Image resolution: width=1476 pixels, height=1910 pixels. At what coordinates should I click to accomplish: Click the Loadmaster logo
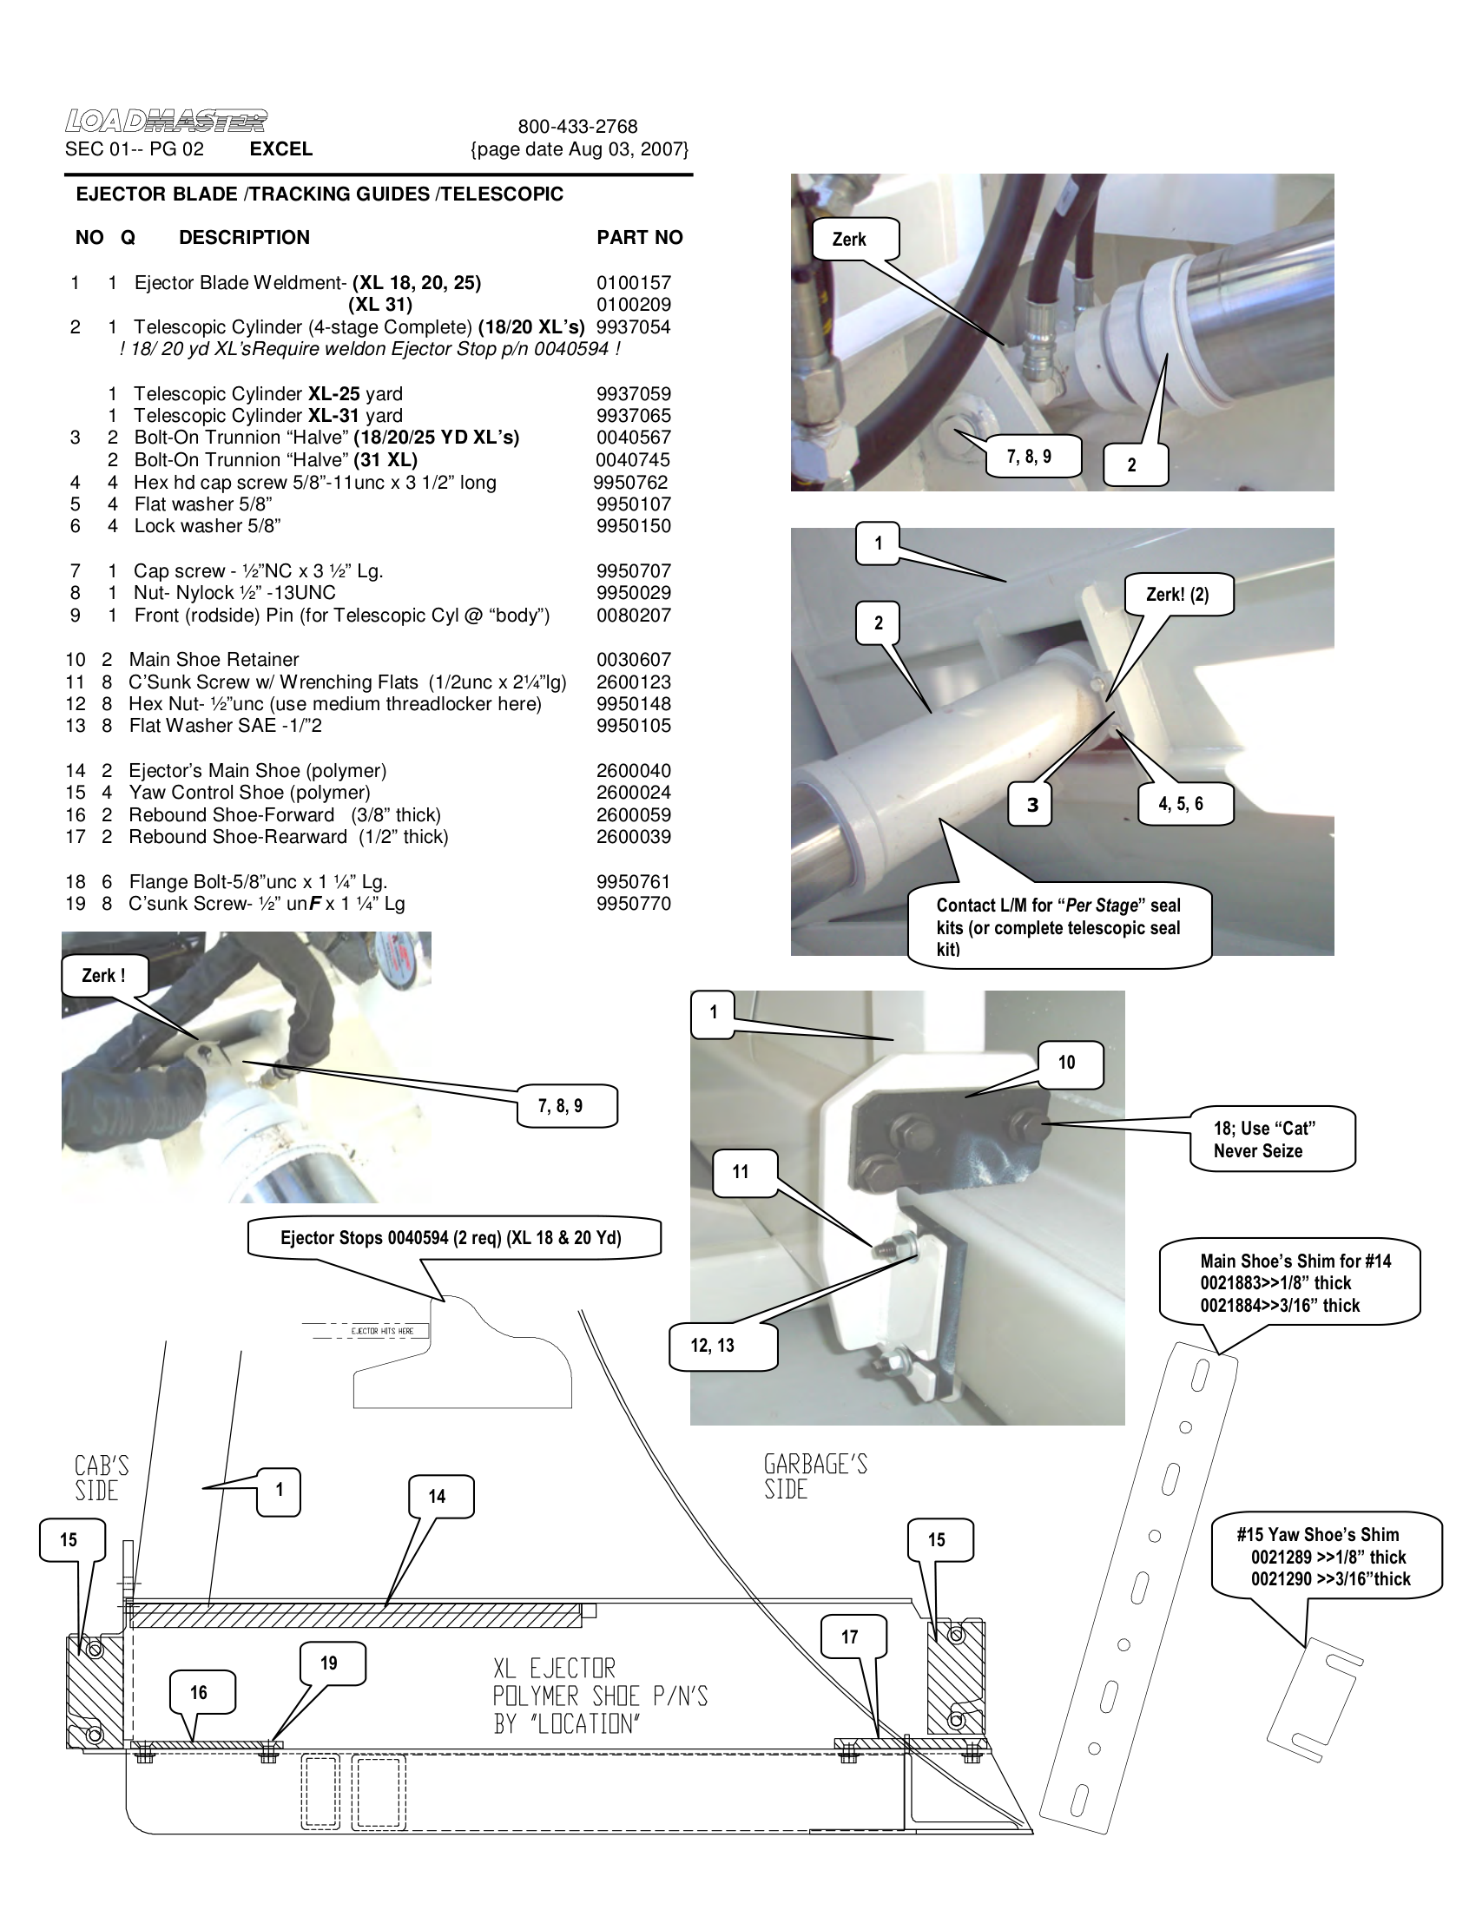(x=166, y=121)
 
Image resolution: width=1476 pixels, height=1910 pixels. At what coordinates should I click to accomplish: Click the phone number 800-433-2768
(x=577, y=127)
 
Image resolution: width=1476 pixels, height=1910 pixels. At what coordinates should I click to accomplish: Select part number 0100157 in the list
(x=633, y=282)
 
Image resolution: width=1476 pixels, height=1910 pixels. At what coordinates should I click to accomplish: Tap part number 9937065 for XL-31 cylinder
(x=633, y=415)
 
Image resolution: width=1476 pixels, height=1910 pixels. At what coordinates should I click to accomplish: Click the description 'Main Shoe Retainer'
(x=214, y=660)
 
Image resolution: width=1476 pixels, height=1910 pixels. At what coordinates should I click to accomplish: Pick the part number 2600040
(x=633, y=770)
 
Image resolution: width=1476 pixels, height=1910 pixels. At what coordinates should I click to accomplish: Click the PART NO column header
(x=639, y=238)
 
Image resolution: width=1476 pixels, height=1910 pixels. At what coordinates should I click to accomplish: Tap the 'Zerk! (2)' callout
(x=1177, y=595)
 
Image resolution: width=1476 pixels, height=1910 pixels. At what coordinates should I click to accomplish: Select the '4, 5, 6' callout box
(x=1181, y=804)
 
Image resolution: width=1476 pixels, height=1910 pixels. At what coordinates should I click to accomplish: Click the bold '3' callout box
(x=1032, y=805)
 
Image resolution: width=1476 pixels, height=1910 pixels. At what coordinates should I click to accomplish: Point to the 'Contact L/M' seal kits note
(x=1058, y=927)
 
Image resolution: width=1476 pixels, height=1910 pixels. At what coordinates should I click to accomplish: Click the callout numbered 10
(x=1066, y=1063)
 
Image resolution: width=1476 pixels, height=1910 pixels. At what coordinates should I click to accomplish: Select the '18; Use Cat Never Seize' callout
(x=1269, y=1140)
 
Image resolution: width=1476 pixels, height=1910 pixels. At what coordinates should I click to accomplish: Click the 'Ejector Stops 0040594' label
(x=451, y=1237)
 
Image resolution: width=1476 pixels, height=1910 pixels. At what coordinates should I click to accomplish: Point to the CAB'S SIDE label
(x=100, y=1478)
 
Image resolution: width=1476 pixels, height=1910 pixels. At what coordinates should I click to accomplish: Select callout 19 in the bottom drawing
(x=329, y=1663)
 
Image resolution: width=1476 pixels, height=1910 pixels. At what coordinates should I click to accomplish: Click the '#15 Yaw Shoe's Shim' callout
(x=1324, y=1557)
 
